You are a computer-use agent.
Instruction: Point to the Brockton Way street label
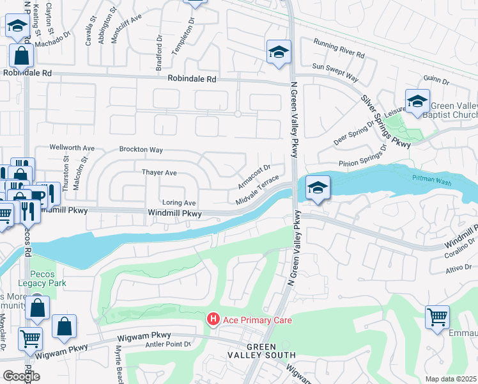click(x=141, y=150)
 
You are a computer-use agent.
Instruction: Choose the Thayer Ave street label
click(x=159, y=173)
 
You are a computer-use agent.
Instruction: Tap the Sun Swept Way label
click(x=335, y=72)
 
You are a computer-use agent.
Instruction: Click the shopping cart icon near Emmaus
click(x=437, y=317)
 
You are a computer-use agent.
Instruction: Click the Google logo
click(x=21, y=376)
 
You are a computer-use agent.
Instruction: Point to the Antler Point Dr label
click(x=169, y=344)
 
